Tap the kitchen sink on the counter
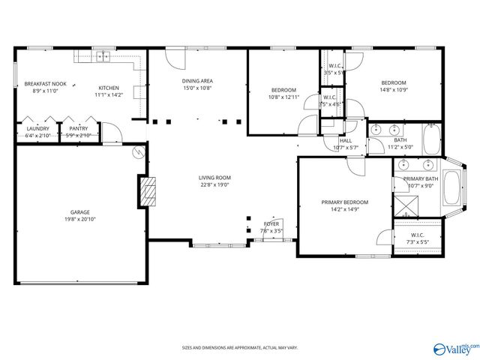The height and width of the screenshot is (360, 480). click(x=103, y=56)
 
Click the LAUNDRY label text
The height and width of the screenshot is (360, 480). click(x=37, y=128)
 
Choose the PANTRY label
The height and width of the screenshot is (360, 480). click(x=78, y=128)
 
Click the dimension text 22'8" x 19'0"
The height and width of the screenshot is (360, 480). click(x=214, y=184)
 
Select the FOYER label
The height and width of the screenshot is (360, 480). click(x=270, y=223)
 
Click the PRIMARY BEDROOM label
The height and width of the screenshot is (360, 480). click(x=345, y=202)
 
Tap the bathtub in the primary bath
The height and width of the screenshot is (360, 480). click(x=452, y=188)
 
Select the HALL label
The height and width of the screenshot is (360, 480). click(x=345, y=140)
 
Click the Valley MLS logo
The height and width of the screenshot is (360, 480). click(x=454, y=348)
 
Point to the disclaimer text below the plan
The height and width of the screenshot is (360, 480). click(x=239, y=347)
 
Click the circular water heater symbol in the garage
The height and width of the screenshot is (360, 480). click(x=137, y=152)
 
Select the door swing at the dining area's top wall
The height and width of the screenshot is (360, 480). click(x=173, y=58)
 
